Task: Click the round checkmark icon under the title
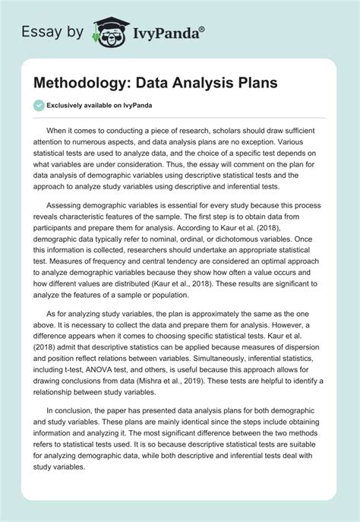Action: [x=39, y=106]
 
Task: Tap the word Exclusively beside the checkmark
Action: [x=71, y=106]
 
